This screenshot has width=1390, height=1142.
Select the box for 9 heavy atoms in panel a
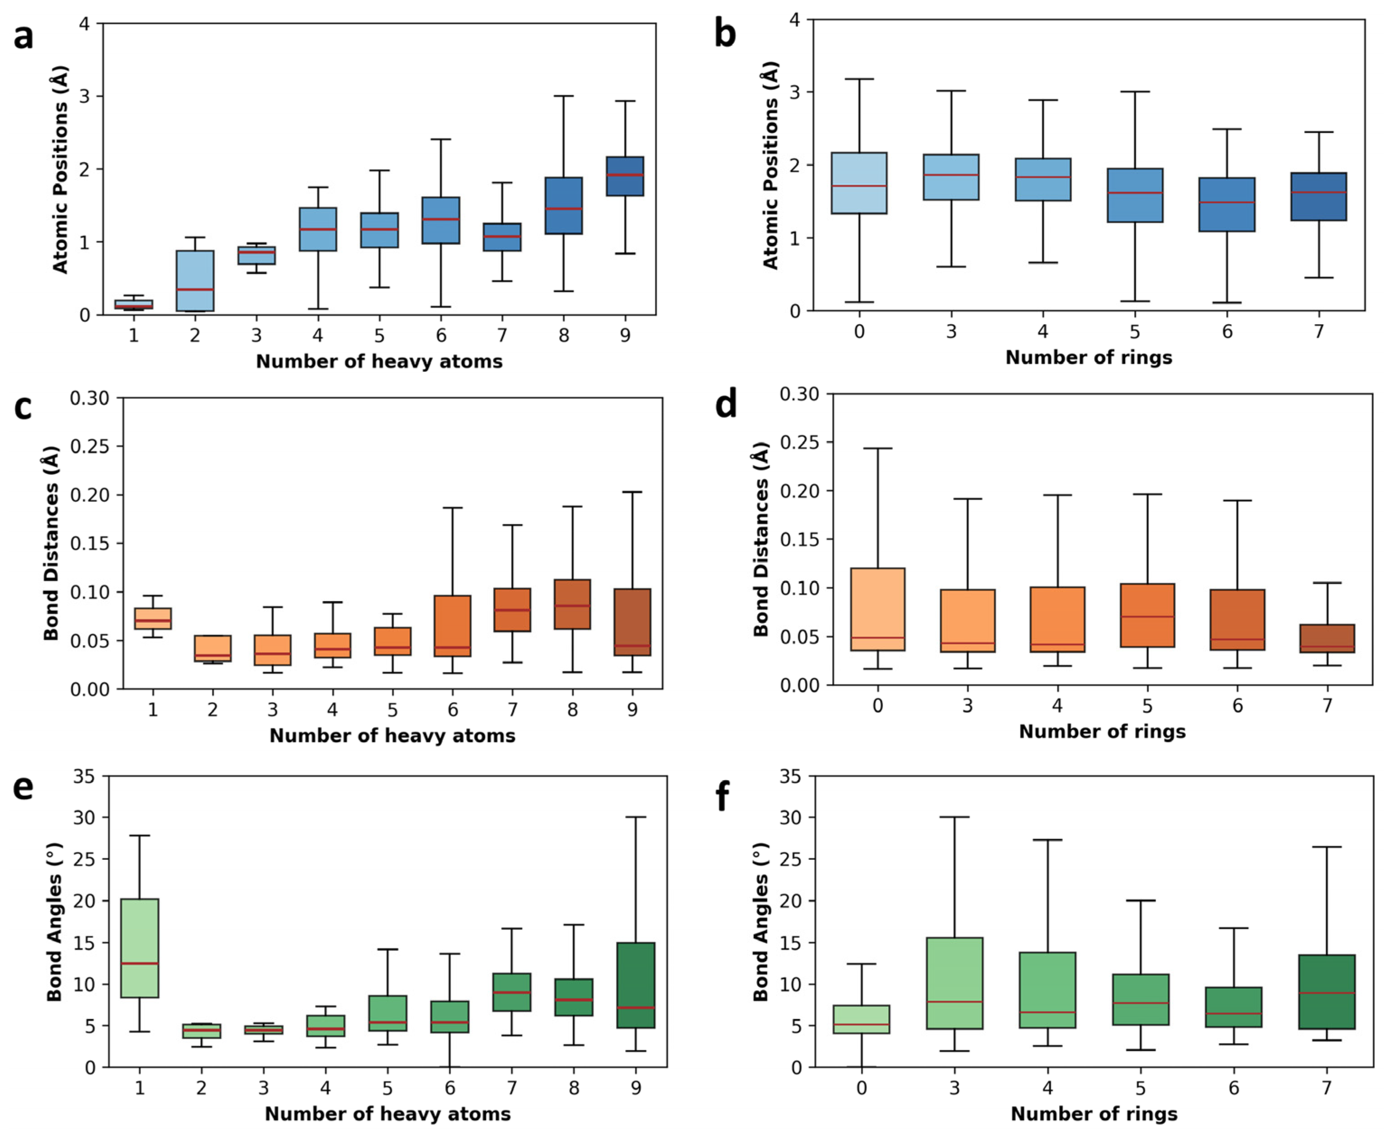click(625, 176)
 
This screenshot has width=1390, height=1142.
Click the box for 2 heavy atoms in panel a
click(195, 280)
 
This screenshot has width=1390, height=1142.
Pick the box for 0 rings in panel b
click(859, 183)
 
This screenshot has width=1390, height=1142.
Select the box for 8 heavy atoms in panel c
click(572, 604)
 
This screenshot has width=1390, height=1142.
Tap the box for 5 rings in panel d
click(1147, 615)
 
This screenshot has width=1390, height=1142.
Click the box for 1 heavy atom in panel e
click(139, 948)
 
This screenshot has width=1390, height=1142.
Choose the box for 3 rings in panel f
click(954, 983)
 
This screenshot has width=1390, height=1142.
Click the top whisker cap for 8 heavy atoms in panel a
click(564, 96)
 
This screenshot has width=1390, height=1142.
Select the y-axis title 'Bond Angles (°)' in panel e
click(55, 922)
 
